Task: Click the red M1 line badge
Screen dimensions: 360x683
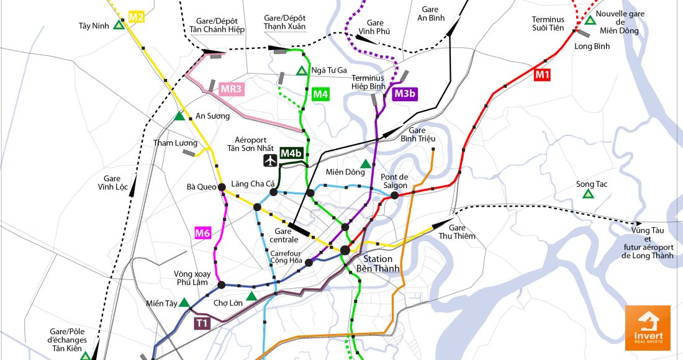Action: (543, 74)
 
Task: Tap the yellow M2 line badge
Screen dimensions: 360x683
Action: (136, 17)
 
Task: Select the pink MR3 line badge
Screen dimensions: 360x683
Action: (231, 89)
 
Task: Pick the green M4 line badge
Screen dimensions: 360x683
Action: (320, 94)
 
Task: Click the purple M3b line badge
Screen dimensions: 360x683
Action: (405, 94)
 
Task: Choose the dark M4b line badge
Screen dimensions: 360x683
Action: (291, 153)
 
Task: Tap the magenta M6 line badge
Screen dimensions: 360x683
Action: (203, 233)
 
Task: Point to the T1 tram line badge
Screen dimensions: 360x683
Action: (201, 323)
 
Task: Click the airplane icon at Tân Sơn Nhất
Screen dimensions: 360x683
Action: (270, 160)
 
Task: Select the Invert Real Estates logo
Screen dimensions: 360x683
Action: (648, 328)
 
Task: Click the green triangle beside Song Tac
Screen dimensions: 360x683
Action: (587, 195)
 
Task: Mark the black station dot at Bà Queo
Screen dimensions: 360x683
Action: (222, 186)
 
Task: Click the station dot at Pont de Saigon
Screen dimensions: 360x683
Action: (394, 196)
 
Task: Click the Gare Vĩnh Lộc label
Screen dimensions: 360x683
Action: (112, 182)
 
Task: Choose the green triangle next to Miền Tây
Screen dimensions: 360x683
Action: (184, 303)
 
